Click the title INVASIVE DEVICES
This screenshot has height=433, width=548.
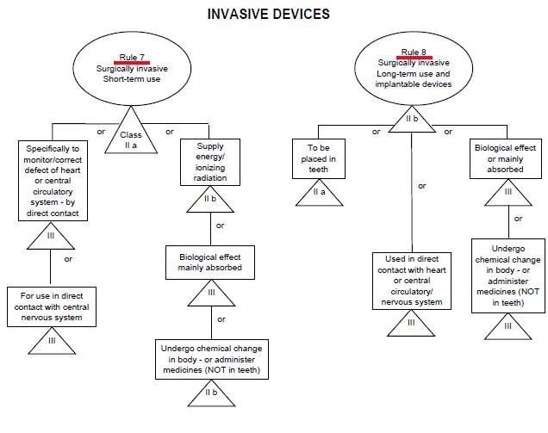[x=269, y=15]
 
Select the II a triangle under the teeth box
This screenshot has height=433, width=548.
[x=319, y=193]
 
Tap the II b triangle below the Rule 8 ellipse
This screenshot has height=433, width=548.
[x=412, y=119]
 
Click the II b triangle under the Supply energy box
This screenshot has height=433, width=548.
[x=210, y=199]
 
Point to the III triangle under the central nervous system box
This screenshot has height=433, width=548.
[x=52, y=341]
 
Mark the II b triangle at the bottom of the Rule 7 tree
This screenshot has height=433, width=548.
[x=211, y=393]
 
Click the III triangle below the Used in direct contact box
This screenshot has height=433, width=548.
[x=411, y=323]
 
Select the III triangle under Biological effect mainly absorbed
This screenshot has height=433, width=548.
[x=211, y=293]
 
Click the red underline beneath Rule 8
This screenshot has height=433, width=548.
[x=414, y=58]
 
